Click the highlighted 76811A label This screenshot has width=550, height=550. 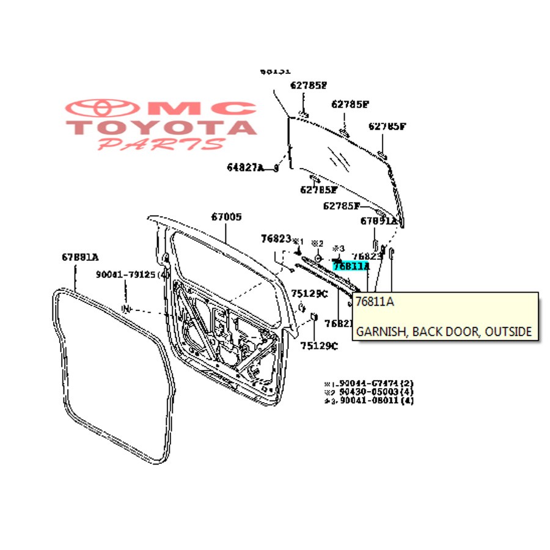(351, 266)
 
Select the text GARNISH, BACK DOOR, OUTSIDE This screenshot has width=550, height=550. (444, 332)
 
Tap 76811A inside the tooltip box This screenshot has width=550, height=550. (375, 302)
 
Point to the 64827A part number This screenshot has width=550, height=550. (245, 167)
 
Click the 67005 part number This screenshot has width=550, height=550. (227, 216)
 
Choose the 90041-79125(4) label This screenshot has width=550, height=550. (132, 274)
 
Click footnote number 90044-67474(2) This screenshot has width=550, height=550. (374, 383)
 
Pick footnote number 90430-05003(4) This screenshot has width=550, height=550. (374, 392)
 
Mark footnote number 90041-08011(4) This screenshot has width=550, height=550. (374, 401)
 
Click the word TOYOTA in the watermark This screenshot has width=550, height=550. (161, 128)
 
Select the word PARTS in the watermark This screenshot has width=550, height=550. (161, 144)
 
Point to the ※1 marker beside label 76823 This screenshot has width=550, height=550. (298, 240)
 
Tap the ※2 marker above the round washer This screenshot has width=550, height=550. (317, 243)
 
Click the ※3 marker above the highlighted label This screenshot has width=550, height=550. (339, 249)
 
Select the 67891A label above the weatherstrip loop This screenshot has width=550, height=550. (79, 257)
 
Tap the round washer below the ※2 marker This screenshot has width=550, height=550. (318, 254)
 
